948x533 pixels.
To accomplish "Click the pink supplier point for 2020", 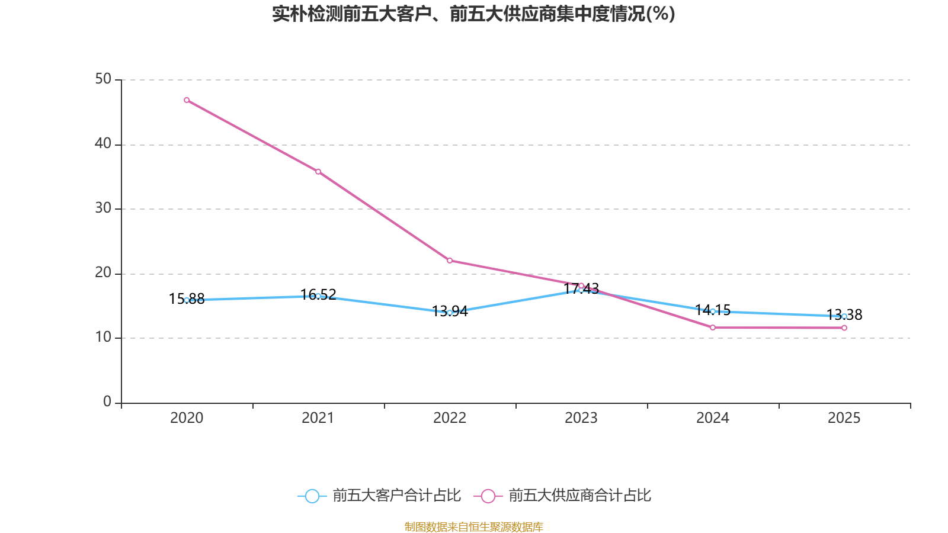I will pos(187,100).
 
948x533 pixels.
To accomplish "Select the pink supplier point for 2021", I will pos(318,172).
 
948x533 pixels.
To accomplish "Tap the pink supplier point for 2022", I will pos(450,261).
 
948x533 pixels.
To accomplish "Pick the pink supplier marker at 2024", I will pos(713,327).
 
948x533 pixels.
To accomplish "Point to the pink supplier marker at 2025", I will pos(844,328).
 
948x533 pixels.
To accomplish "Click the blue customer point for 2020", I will pos(187,300).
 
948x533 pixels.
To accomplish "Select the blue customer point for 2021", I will pos(318,296).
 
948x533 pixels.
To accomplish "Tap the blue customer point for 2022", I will pos(450,313).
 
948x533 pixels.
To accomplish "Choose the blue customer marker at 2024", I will pos(713,312).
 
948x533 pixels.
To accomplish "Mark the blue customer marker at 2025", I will pos(844,316).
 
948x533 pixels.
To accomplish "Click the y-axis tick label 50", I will pos(103,79).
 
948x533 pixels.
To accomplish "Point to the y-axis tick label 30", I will pos(103,208).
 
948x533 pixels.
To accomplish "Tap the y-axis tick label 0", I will pos(107,402).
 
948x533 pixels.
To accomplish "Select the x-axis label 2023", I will pos(581,418).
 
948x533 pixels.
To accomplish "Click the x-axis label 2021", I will pos(318,418).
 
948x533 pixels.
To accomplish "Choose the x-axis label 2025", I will pos(844,418).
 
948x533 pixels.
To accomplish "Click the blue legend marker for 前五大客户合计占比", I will pos(312,496).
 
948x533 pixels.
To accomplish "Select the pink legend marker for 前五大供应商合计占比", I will pos(488,496).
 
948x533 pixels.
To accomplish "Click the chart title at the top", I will pos(473,14).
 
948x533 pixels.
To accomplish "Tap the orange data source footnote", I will pos(473,526).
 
